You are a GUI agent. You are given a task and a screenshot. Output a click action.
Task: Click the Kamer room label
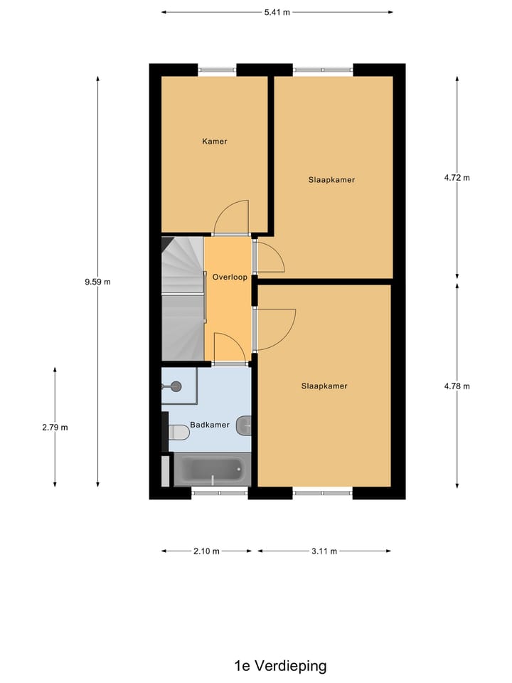(214, 142)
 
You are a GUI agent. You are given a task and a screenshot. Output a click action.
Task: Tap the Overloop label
(230, 277)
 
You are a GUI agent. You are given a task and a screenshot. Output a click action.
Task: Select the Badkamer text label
(210, 425)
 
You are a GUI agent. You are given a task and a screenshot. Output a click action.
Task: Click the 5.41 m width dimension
(277, 12)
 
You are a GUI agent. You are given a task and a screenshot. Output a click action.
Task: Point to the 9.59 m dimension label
(97, 282)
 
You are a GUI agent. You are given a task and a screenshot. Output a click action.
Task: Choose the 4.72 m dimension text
(457, 178)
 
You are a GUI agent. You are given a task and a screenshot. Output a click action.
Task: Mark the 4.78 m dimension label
(457, 386)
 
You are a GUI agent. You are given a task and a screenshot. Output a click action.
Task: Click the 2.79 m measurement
(55, 428)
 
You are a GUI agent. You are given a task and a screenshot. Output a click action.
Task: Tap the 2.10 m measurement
(206, 551)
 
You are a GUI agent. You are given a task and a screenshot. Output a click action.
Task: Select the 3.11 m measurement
(324, 551)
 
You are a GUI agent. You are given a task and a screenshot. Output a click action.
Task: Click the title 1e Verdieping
(280, 666)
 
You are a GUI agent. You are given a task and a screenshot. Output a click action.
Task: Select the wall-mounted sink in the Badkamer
(244, 425)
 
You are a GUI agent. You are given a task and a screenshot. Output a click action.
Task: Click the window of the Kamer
(217, 70)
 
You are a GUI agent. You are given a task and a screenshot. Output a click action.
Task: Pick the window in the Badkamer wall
(219, 492)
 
